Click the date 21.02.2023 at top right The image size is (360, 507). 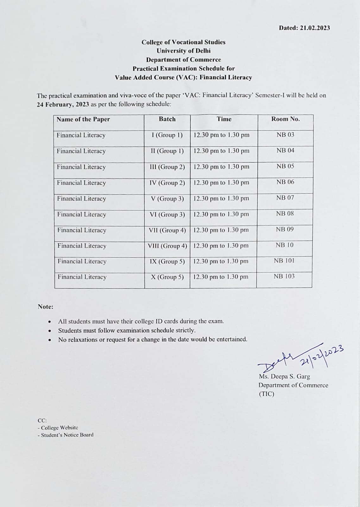[315, 28]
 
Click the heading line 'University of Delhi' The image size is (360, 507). [183, 51]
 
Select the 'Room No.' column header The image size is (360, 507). [285, 119]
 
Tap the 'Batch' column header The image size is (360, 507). [167, 119]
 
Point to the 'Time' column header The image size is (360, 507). [224, 119]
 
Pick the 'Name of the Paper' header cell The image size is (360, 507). [83, 119]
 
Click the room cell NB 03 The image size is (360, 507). [285, 135]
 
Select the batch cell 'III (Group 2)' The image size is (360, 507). [167, 167]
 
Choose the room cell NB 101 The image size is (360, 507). [284, 260]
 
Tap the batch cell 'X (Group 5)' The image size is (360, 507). [167, 277]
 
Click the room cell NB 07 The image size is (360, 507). [285, 198]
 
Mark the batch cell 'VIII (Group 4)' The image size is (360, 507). [167, 246]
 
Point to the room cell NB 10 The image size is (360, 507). [284, 245]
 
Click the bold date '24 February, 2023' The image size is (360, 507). [63, 104]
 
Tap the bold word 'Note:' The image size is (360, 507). [46, 307]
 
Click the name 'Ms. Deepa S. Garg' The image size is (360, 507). [284, 376]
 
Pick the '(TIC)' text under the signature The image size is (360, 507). [266, 394]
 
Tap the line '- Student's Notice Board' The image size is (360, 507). [66, 435]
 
